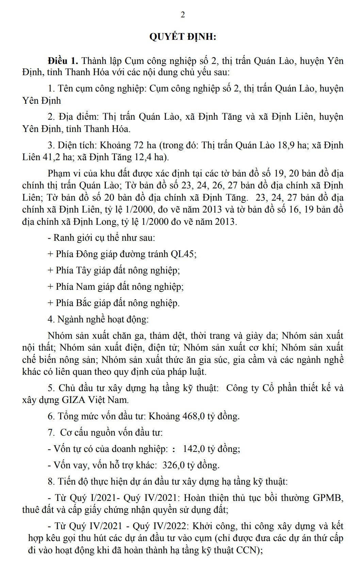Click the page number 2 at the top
click(183, 15)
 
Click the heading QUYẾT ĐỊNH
click(183, 37)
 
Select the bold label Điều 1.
click(63, 61)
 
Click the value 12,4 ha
click(151, 157)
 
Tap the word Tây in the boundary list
click(83, 270)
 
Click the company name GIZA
click(73, 400)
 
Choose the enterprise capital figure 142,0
click(194, 449)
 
